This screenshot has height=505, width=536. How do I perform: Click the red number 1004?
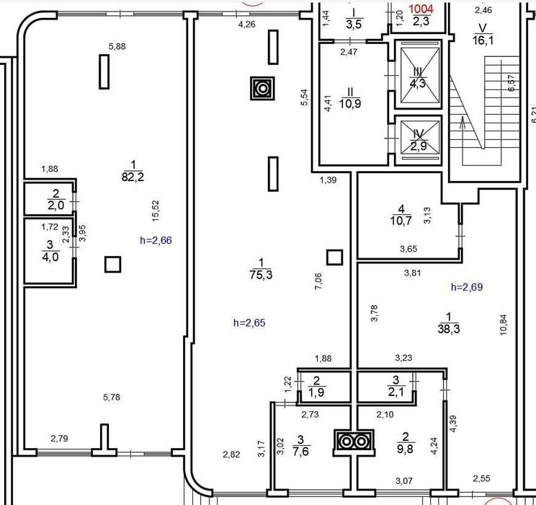tap(421, 9)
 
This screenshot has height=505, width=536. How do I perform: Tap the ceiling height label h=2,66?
tap(156, 240)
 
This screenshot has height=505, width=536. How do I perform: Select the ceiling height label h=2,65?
tap(249, 323)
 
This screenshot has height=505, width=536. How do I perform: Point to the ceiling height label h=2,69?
tap(467, 287)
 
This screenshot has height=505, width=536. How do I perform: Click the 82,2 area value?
tap(133, 177)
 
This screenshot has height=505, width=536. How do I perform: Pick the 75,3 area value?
tap(262, 275)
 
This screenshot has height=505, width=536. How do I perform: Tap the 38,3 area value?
tap(449, 329)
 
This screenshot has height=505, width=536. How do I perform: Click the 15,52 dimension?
tap(156, 211)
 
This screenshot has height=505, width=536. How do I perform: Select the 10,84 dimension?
tap(503, 325)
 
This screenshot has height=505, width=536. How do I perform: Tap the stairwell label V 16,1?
tap(483, 35)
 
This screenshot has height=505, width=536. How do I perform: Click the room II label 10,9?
tap(350, 103)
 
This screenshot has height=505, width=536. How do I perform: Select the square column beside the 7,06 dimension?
tap(335, 258)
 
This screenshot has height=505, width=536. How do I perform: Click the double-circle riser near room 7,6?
tap(354, 442)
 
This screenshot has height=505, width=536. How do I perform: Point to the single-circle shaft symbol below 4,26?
tap(262, 88)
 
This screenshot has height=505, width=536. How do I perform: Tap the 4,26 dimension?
tap(246, 25)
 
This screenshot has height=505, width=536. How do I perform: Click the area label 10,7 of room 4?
tap(401, 221)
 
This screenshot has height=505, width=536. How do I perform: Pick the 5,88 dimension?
tap(117, 46)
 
